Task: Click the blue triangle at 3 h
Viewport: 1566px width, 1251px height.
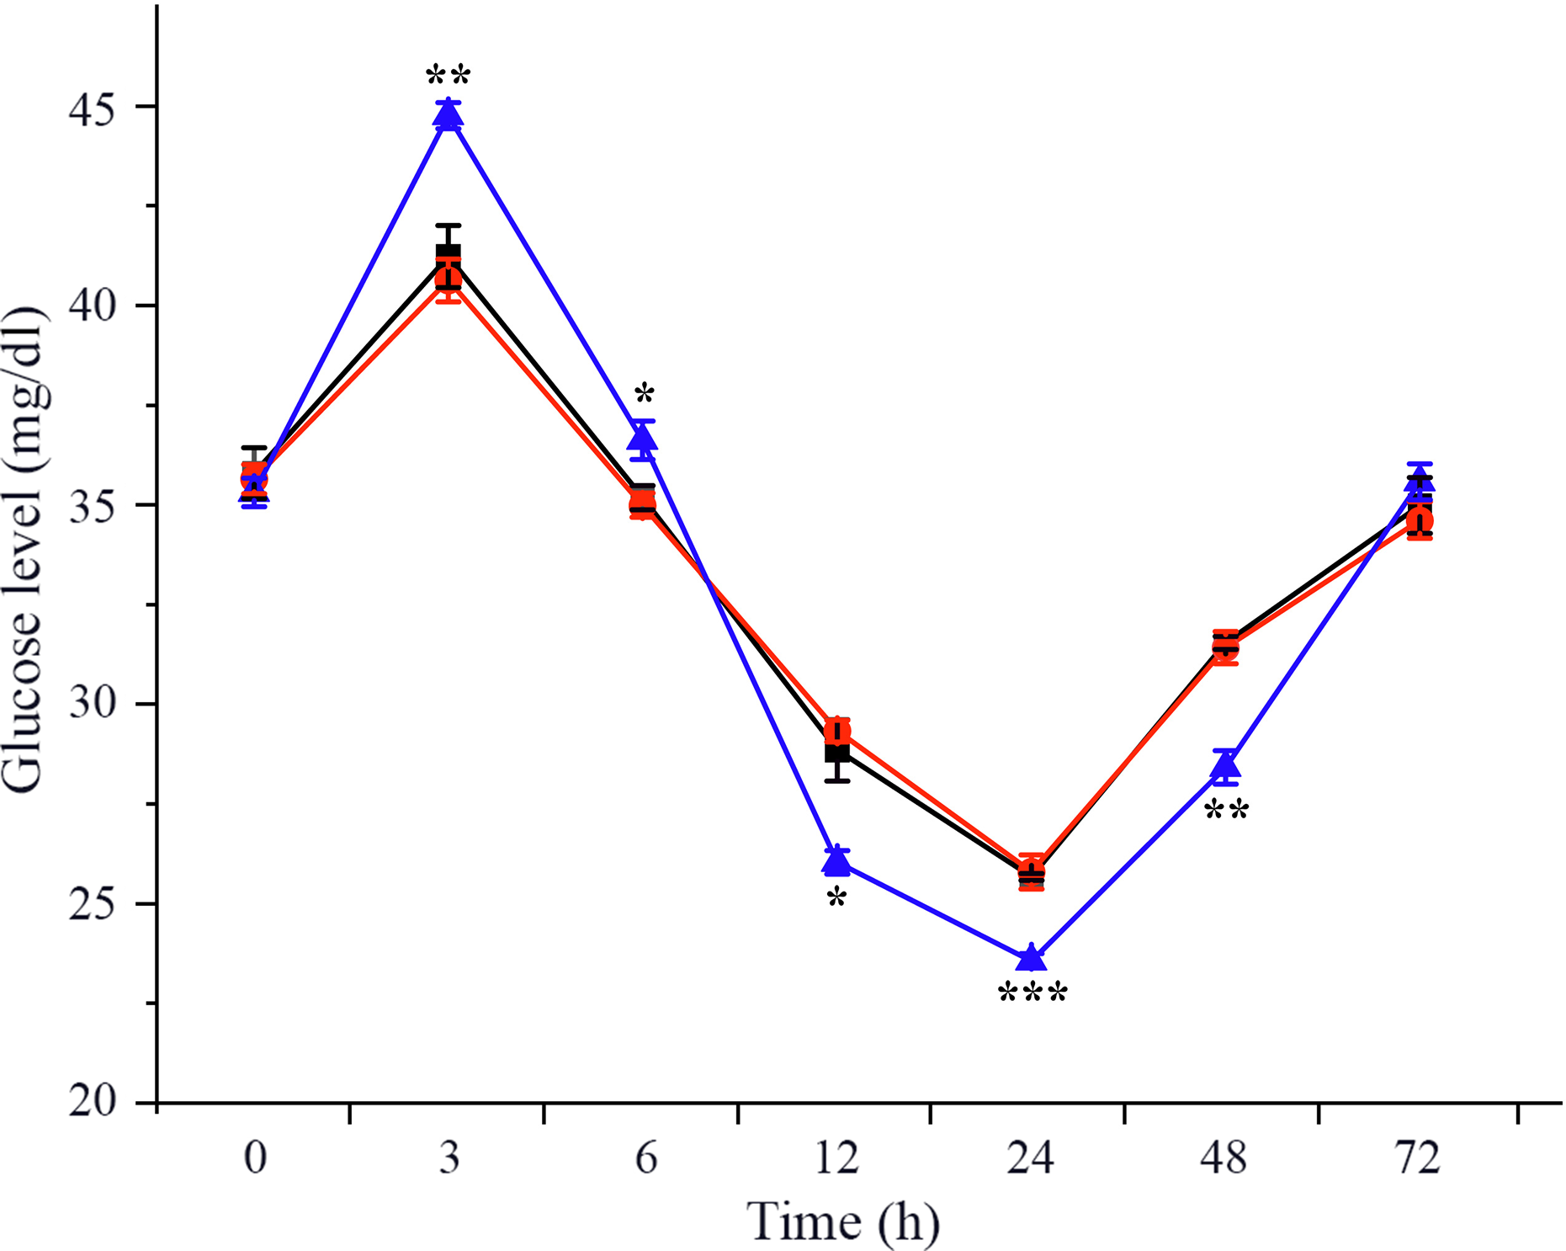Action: click(x=448, y=114)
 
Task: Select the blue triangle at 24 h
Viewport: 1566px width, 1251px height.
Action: click(x=1032, y=958)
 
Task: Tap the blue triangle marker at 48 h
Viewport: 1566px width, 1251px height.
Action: click(x=1226, y=765)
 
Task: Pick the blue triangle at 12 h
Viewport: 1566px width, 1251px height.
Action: click(x=837, y=861)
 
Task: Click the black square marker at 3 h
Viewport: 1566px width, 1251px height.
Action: click(x=448, y=255)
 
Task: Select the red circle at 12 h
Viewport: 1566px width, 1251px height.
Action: click(x=837, y=731)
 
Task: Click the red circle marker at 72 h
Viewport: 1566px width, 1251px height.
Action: click(x=1420, y=520)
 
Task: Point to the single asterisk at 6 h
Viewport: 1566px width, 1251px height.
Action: click(x=644, y=393)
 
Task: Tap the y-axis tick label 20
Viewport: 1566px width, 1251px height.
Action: click(x=93, y=1101)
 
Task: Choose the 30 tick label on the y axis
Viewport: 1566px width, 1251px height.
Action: click(x=93, y=703)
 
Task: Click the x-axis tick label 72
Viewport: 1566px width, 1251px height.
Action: click(x=1418, y=1158)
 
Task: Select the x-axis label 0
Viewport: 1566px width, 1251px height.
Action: click(x=255, y=1158)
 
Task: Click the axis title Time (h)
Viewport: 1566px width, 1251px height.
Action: click(x=843, y=1222)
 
